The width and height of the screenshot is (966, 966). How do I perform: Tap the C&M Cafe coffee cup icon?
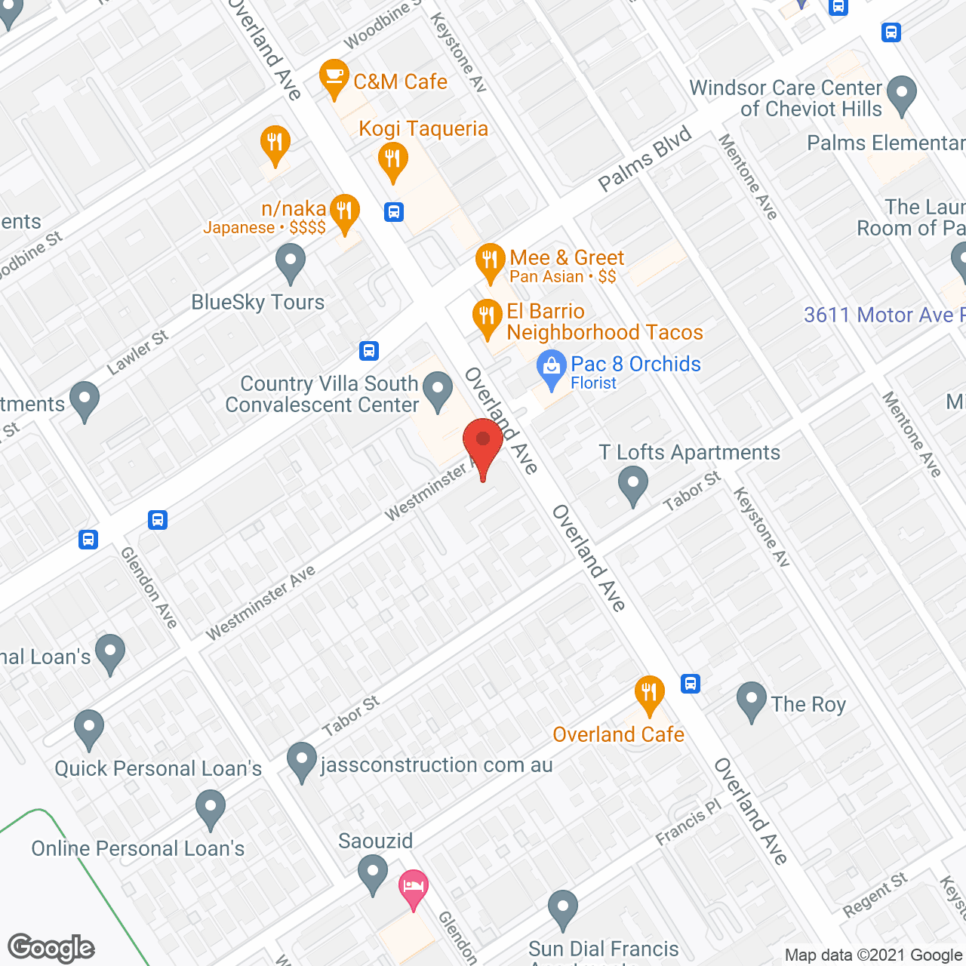click(x=334, y=77)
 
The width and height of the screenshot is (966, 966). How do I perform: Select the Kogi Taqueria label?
click(x=423, y=129)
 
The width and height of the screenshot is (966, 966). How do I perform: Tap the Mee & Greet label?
click(x=567, y=258)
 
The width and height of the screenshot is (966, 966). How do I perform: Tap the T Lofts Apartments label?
click(x=689, y=453)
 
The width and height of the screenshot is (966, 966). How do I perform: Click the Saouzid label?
click(x=375, y=841)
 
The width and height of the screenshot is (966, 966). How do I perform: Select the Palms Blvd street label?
click(x=645, y=159)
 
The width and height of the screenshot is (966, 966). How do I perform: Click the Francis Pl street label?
click(x=688, y=823)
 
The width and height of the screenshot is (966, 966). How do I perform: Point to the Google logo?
click(x=51, y=948)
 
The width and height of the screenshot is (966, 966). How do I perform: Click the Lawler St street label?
click(x=137, y=352)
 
